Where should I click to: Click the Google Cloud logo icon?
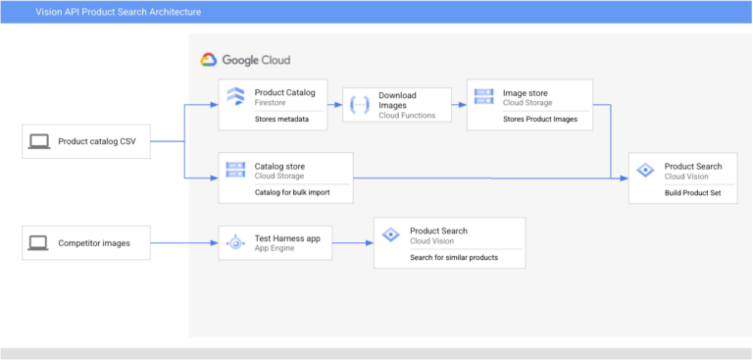(x=209, y=60)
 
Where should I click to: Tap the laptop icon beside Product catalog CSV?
(x=39, y=142)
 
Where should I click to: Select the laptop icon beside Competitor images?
(x=39, y=241)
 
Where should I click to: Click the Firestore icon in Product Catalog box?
(x=235, y=96)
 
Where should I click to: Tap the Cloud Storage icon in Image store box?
(x=484, y=96)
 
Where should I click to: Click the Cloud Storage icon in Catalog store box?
(x=235, y=169)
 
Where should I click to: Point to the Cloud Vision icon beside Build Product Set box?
(x=645, y=170)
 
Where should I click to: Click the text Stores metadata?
(x=281, y=119)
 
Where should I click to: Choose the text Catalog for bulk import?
(x=292, y=191)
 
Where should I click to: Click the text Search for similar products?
(x=454, y=257)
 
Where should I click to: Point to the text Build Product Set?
(x=692, y=192)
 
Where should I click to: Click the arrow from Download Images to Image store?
(x=458, y=102)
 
